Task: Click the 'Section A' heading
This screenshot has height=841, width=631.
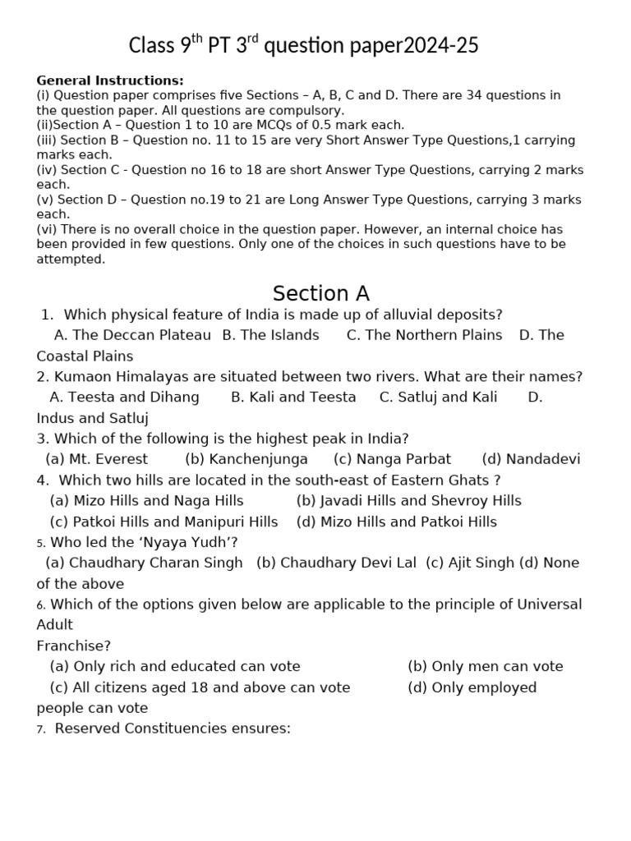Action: pos(321,293)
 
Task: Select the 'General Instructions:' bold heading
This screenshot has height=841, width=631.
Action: pos(110,80)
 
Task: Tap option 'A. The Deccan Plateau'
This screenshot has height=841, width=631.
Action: pos(132,335)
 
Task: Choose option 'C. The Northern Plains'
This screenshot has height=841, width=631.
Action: pos(424,335)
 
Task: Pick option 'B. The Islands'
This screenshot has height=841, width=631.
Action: pos(271,335)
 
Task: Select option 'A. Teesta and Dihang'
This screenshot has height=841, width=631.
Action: pos(125,398)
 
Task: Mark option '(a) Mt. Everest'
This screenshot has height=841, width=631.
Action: pos(97,459)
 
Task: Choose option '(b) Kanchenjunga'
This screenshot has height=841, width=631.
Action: pos(246,459)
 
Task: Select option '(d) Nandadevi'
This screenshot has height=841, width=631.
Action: pos(531,459)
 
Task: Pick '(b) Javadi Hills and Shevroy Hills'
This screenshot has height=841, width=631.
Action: pos(408,501)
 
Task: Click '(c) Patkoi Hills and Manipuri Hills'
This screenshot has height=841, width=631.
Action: pos(164,522)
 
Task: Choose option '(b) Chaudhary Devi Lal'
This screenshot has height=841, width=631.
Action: pos(336,563)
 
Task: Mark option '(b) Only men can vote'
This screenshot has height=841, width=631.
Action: pos(485,666)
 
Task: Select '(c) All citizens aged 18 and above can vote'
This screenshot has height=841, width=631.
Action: pos(200,687)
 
